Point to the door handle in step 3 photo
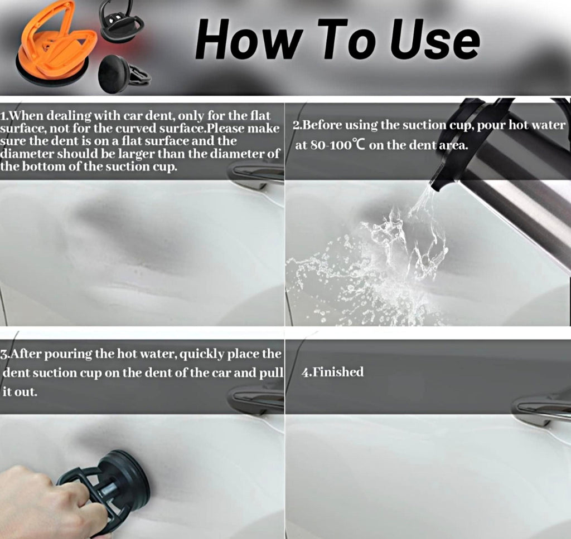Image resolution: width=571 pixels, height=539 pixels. coord(257,398)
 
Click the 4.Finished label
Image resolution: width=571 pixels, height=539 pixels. coord(332,372)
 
